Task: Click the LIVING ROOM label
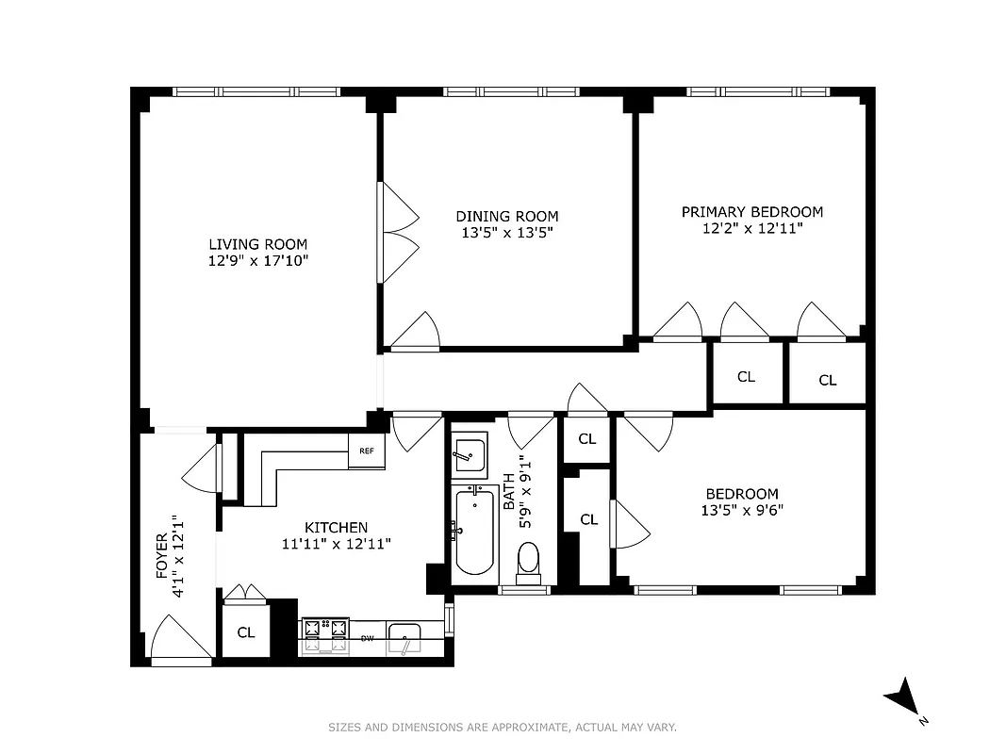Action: click(x=257, y=244)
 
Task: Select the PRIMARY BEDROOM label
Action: click(x=751, y=212)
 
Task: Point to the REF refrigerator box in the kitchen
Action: click(x=367, y=451)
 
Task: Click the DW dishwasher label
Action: click(x=368, y=638)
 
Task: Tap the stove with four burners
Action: click(x=324, y=635)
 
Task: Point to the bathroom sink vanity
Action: click(x=469, y=455)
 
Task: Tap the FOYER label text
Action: click(x=161, y=556)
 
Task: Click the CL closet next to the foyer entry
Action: click(x=246, y=632)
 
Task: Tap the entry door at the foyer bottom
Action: click(x=179, y=641)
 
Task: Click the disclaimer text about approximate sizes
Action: click(x=502, y=727)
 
